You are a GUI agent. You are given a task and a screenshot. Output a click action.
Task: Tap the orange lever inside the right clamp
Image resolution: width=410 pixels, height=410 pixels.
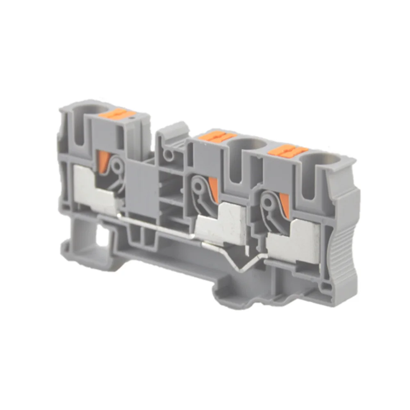(x=284, y=205)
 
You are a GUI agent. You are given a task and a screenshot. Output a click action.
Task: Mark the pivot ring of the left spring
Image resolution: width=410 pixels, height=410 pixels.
(x=118, y=166)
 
